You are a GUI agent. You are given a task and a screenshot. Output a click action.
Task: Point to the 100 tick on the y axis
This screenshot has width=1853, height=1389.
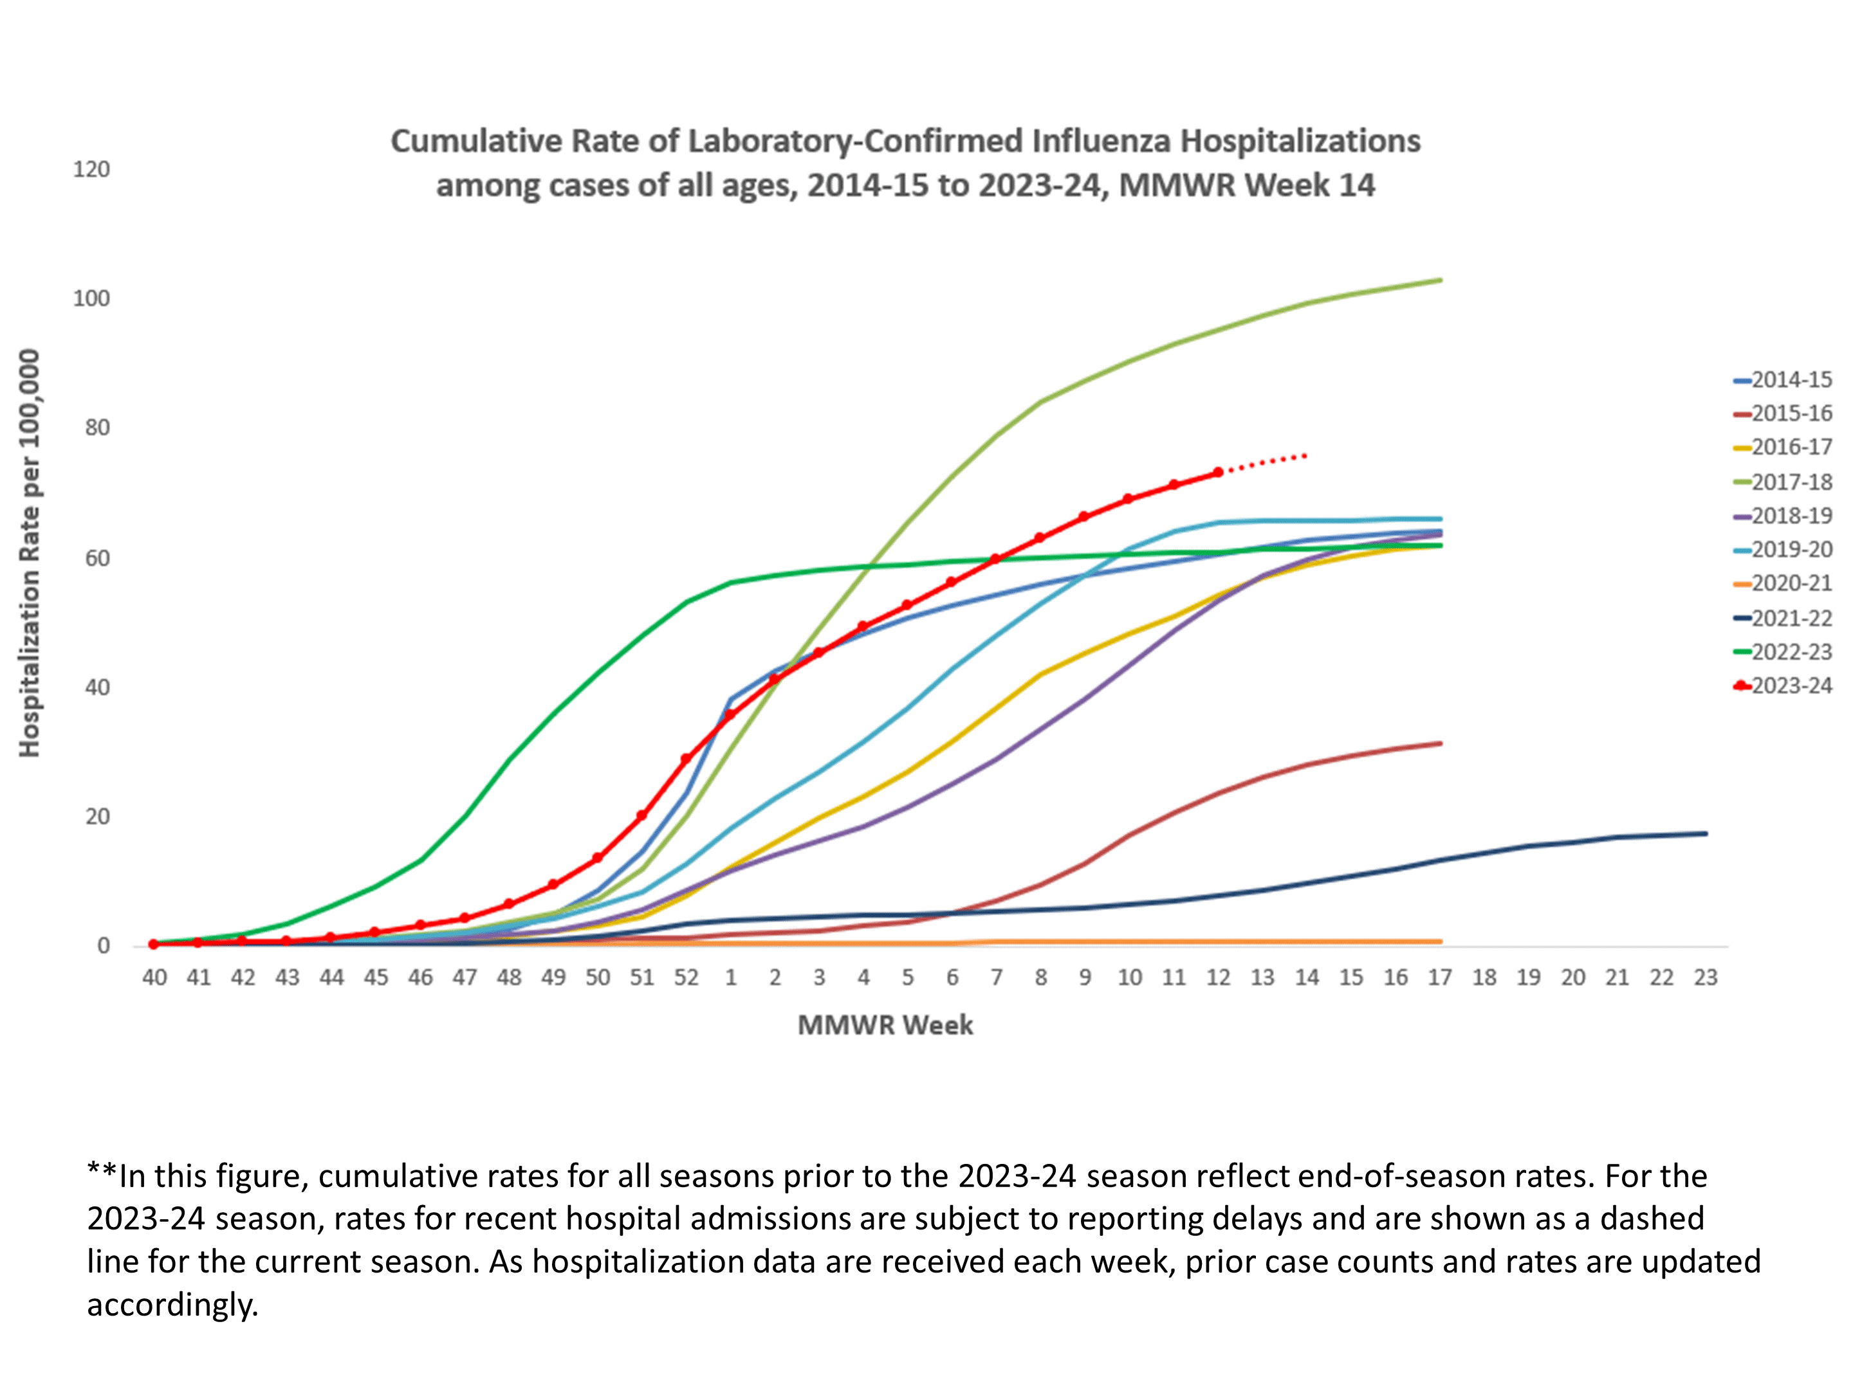point(91,299)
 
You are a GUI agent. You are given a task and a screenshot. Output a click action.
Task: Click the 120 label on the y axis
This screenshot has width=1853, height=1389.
point(91,170)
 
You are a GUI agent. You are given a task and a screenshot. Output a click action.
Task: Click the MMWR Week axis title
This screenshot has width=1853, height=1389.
point(885,1026)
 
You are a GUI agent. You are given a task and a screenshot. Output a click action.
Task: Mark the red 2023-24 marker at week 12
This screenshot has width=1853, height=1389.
point(1218,473)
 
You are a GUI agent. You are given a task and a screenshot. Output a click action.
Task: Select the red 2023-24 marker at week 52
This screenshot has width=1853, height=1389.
point(686,759)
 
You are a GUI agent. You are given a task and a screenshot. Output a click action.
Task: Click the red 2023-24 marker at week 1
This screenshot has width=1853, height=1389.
point(730,715)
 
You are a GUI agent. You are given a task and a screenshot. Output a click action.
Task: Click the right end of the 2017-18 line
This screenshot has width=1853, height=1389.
point(1440,280)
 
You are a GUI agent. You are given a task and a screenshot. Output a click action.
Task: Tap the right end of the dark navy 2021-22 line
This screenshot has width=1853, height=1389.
point(1706,834)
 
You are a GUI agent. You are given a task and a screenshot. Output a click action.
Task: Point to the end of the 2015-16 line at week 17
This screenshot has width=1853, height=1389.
point(1440,743)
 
